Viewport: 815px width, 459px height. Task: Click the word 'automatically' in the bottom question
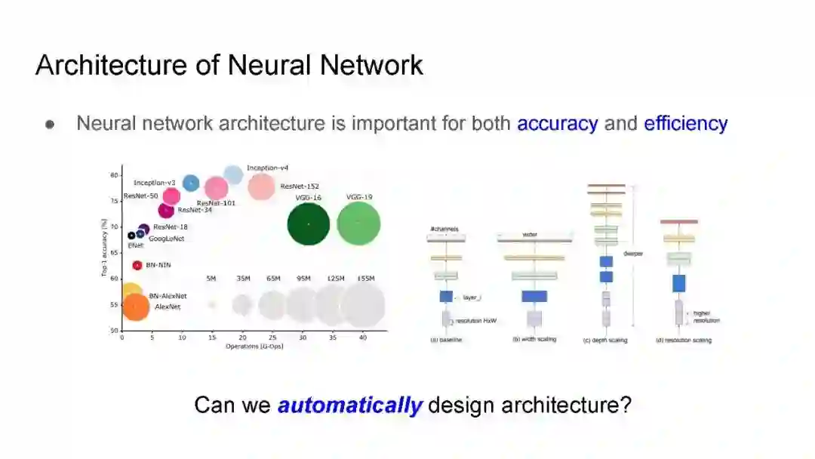click(x=349, y=405)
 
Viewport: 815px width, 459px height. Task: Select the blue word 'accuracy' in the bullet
click(x=557, y=123)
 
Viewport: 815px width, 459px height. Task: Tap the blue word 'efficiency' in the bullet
click(x=685, y=123)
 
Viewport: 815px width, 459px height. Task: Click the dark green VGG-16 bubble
click(x=309, y=223)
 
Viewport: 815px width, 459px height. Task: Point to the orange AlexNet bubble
click(x=135, y=307)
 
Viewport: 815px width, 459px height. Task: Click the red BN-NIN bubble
click(x=137, y=265)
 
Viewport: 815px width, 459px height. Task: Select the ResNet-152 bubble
click(x=261, y=186)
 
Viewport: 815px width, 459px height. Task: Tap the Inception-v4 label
click(x=267, y=168)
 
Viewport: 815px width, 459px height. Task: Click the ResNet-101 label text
click(x=216, y=203)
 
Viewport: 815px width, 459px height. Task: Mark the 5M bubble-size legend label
click(x=211, y=279)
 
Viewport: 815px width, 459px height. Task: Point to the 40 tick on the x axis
click(x=363, y=338)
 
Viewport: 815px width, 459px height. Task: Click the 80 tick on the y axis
click(x=115, y=175)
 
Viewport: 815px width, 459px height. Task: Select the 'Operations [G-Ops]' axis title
click(x=254, y=347)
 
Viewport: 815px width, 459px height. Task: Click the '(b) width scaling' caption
click(x=534, y=340)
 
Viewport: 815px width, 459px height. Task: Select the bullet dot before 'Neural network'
click(x=51, y=125)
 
